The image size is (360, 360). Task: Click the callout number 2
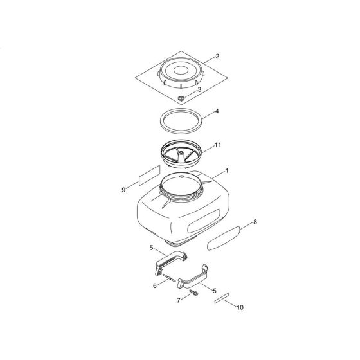(217, 57)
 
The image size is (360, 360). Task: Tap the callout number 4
(217, 111)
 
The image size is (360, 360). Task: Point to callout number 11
(218, 146)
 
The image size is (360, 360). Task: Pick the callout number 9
(123, 190)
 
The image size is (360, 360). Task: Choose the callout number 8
(255, 222)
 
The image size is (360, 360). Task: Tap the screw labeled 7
(194, 294)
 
